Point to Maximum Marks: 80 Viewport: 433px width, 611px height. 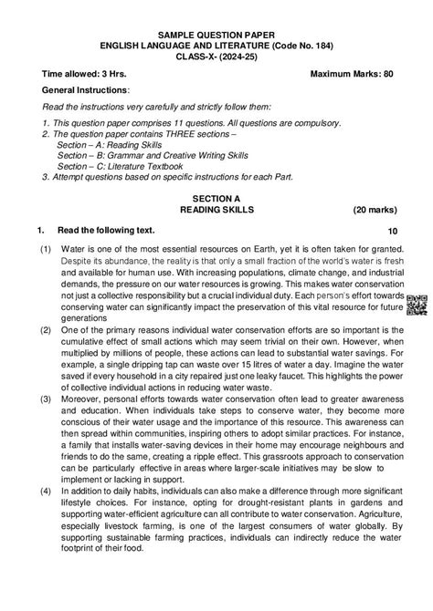(x=352, y=73)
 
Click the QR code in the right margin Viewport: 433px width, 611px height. (x=416, y=305)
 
